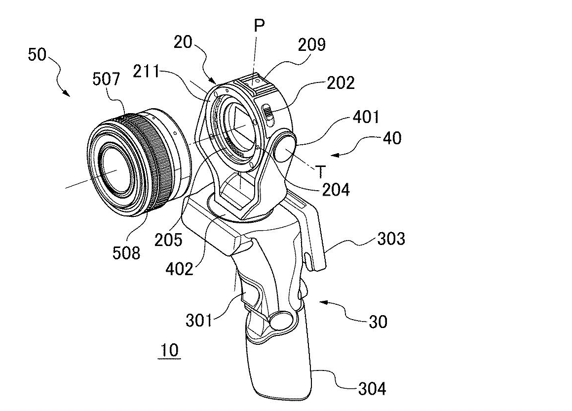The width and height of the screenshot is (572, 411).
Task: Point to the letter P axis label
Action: coord(259,26)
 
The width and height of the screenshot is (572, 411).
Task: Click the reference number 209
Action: coord(311,45)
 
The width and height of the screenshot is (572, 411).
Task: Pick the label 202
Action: coord(340,82)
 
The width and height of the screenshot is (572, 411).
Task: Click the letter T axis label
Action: coord(321,171)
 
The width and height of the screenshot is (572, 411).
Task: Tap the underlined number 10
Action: coord(169,351)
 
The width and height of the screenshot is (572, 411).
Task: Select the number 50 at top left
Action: coord(37,54)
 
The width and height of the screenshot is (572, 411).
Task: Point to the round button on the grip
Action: coord(281,320)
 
